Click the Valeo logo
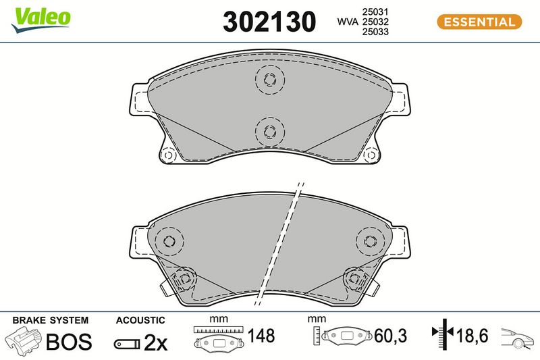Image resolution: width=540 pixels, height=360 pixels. click(40, 20)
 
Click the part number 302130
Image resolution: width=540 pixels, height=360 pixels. click(269, 22)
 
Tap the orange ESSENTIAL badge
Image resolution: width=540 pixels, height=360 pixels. click(479, 22)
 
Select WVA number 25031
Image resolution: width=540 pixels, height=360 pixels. click(375, 11)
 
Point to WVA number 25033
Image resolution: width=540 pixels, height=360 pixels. click(375, 32)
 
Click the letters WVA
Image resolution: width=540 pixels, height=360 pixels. click(348, 22)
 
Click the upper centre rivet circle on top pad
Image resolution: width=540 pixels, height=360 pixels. click(270, 80)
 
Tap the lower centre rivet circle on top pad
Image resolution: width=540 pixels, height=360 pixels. click(270, 131)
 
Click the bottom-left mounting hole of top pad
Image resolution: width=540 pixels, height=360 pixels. click(168, 155)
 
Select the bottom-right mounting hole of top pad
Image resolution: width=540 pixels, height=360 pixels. click(371, 155)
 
